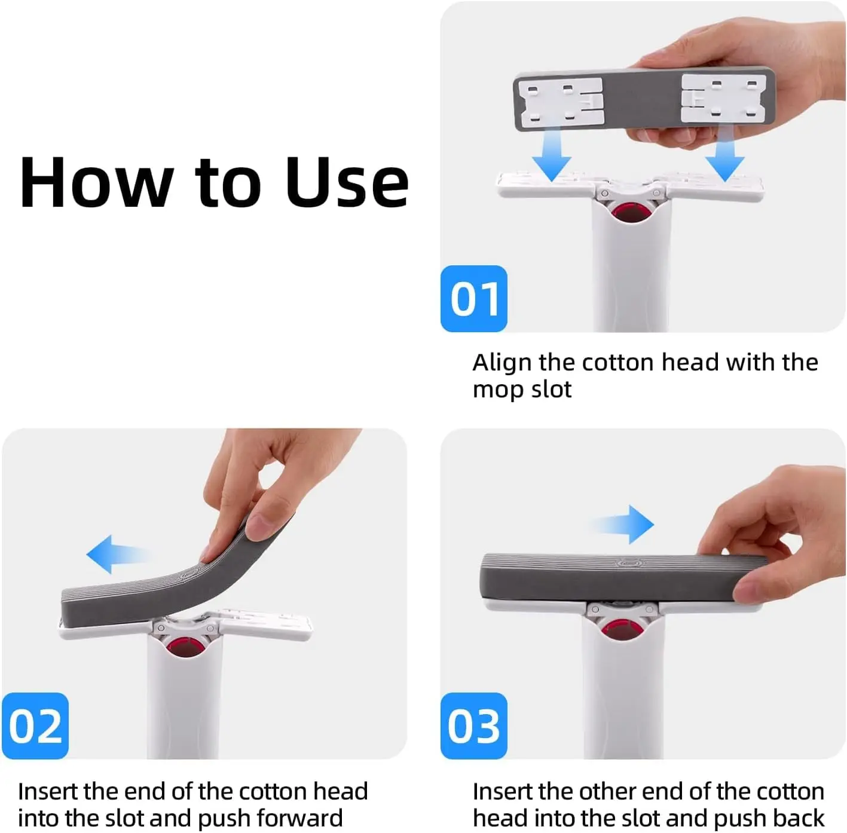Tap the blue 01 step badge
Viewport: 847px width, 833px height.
474,299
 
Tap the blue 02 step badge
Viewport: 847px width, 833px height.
35,726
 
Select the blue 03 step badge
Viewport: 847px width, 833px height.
474,726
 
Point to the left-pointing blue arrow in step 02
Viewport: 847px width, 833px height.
114,555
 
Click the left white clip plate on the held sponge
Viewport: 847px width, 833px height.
559,102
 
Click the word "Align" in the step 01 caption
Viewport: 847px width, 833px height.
502,363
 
